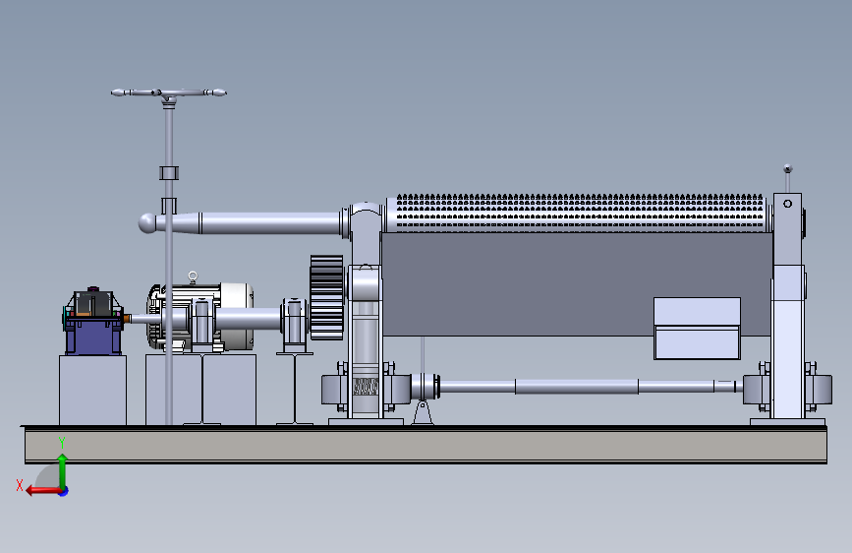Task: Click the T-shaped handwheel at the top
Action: tap(168, 93)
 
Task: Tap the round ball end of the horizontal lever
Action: tap(146, 223)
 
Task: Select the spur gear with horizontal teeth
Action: tap(326, 297)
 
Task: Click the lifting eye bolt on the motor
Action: tap(193, 277)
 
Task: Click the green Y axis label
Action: tap(62, 443)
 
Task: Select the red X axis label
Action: tap(20, 485)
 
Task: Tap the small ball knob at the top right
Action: tap(787, 168)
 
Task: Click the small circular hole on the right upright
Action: tap(787, 204)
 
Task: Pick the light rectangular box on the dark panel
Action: tap(697, 329)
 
